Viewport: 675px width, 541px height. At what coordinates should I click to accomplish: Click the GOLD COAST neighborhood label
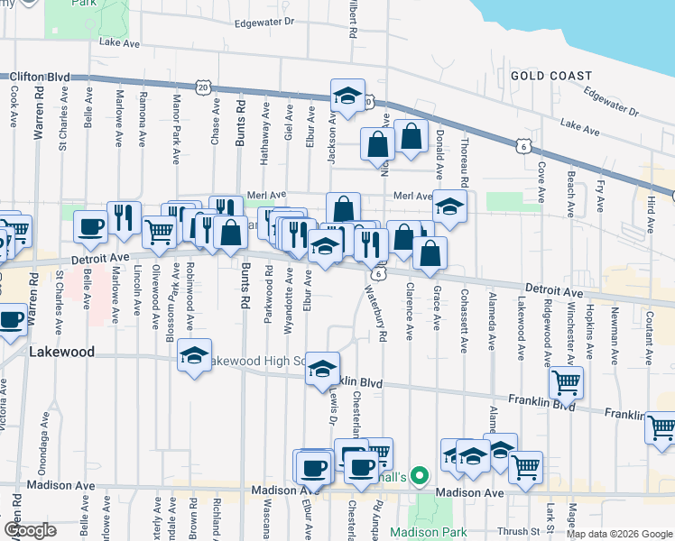pos(551,76)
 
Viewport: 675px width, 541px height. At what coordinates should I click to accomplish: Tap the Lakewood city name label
pos(60,352)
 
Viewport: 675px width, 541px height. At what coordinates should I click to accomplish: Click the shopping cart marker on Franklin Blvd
pos(566,382)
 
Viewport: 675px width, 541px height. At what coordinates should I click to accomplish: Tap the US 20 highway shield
pos(204,87)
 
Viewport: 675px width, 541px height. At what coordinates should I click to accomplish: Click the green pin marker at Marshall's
pos(418,473)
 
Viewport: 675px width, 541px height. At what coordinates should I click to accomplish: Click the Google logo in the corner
pos(30,529)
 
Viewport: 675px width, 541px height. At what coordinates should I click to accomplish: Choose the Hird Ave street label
pos(650,217)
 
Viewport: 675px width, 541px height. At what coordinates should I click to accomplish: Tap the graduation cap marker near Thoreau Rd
pos(448,206)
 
